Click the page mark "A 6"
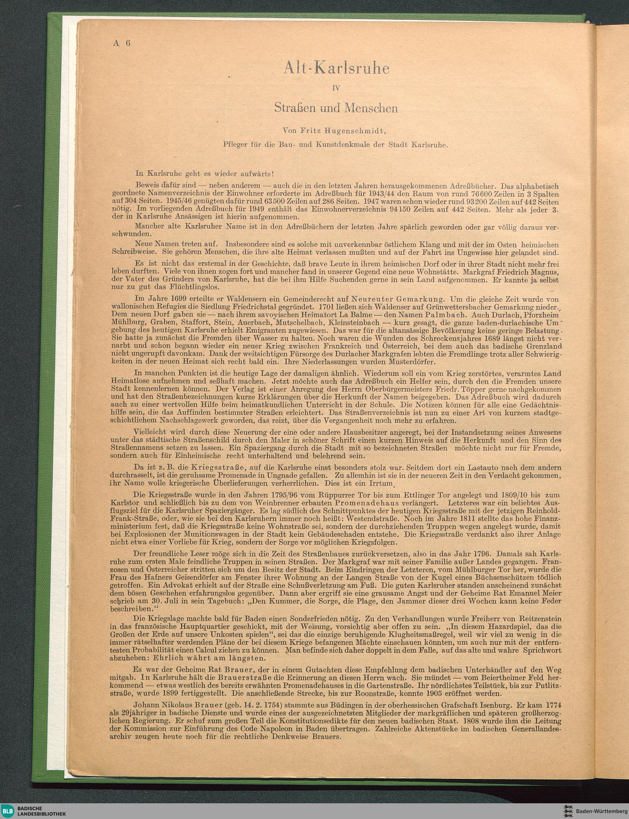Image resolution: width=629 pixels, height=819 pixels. [121, 43]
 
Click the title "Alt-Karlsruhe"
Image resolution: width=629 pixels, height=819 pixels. [336, 68]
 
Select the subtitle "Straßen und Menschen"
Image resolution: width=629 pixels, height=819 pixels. [336, 108]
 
